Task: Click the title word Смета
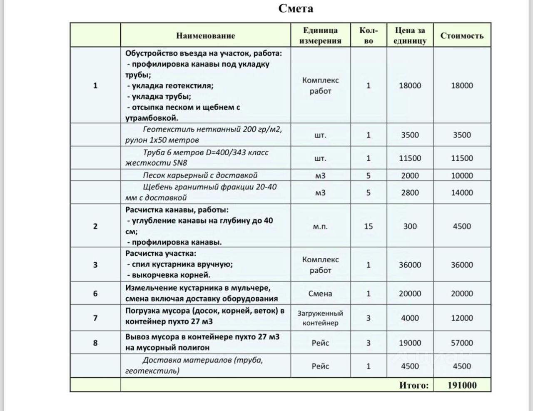[x=296, y=9]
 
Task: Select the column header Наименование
[x=205, y=36]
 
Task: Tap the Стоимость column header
[x=462, y=36]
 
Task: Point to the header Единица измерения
[x=320, y=35]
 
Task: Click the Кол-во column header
[x=368, y=35]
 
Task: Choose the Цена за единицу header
[x=410, y=35]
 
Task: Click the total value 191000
[x=462, y=385]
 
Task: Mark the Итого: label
[x=413, y=385]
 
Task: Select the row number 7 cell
[x=95, y=318]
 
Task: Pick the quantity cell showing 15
[x=368, y=226]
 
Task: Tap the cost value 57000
[x=462, y=343]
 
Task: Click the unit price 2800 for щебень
[x=410, y=192]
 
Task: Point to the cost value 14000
[x=462, y=192]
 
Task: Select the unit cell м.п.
[x=320, y=226]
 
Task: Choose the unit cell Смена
[x=320, y=294]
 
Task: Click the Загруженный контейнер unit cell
[x=320, y=318]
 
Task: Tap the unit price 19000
[x=410, y=343]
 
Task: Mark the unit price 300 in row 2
[x=410, y=226]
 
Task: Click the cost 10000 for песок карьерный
[x=462, y=175]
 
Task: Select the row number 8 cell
[x=95, y=343]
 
